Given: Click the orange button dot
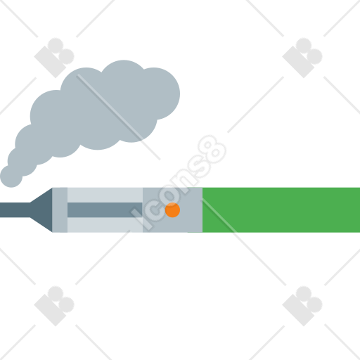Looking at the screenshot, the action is tap(172, 210).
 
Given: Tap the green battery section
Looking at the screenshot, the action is tap(281, 210).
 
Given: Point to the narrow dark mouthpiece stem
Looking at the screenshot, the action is tap(15, 210).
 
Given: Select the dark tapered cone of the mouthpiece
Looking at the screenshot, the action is tap(41, 210).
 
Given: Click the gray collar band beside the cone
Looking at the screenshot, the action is tap(60, 210).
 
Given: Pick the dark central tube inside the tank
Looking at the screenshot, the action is tap(105, 210).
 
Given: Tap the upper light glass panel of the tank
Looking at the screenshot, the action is tap(105, 195).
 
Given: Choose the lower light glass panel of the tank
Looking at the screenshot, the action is tap(105, 225).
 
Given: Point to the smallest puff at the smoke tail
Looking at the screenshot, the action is tap(11, 176).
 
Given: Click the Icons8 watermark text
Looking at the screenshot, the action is tap(179, 182).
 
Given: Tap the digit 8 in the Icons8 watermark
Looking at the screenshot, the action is tap(212, 150).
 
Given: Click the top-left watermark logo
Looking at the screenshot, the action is tap(54, 58).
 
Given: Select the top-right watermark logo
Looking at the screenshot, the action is tap(302, 58).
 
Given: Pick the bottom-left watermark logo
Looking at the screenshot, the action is tap(54, 306).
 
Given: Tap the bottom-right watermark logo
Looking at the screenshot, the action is tap(302, 306).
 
